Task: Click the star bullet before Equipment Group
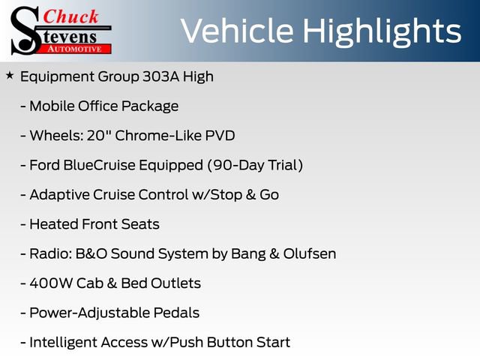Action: pyautogui.click(x=9, y=76)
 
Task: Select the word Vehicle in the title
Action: pyautogui.click(x=235, y=31)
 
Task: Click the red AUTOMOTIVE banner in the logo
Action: pyautogui.click(x=83, y=48)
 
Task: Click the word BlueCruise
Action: pyautogui.click(x=100, y=165)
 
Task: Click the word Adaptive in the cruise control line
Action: pyautogui.click(x=57, y=195)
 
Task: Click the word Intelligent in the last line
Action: pyautogui.click(x=64, y=343)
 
